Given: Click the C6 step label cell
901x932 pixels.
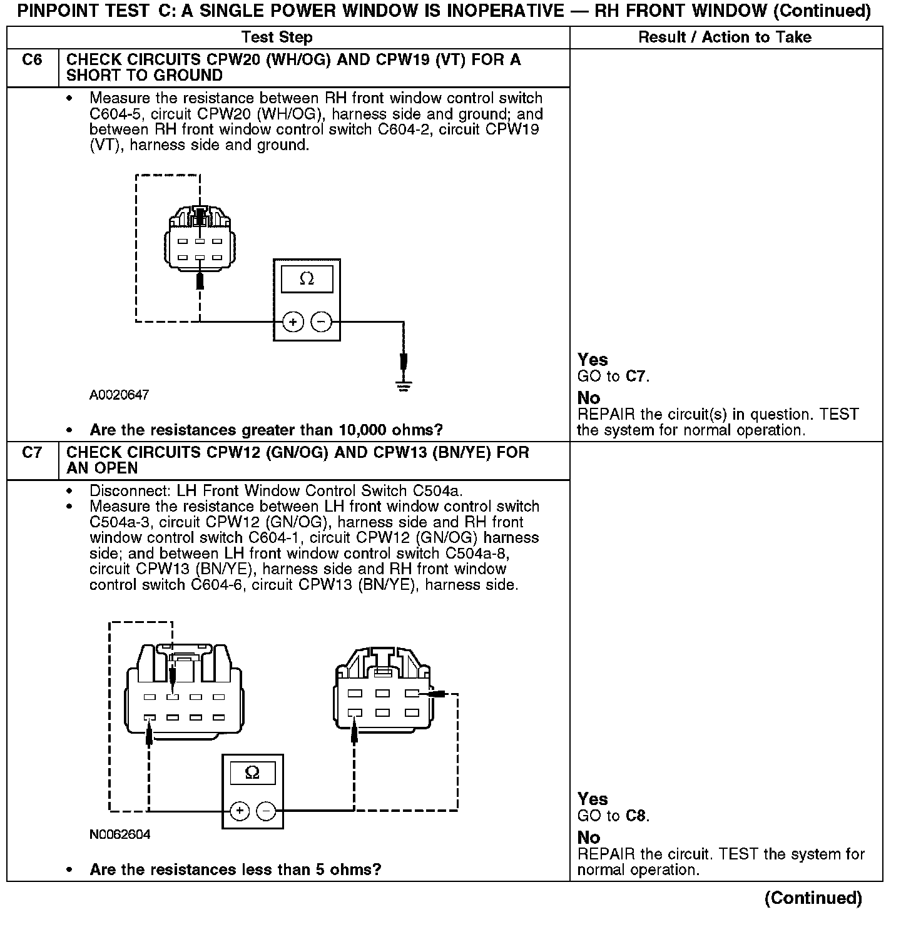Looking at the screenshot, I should (x=32, y=60).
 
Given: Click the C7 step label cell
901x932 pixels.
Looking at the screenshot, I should (x=32, y=452).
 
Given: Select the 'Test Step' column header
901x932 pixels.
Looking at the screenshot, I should (x=277, y=38).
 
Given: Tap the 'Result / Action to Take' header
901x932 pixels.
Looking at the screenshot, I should (x=725, y=38).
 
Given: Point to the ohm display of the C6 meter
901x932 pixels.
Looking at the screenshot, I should (x=307, y=279).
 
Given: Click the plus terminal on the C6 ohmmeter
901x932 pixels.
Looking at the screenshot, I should (x=293, y=322).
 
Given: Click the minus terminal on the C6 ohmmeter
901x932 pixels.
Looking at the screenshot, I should (x=321, y=322).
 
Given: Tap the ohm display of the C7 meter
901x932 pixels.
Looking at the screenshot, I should (x=253, y=773).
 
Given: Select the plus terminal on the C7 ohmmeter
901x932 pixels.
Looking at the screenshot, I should (x=239, y=811).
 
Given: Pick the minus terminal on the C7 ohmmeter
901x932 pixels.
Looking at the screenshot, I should (x=267, y=811).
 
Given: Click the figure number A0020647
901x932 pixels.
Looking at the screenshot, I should (x=119, y=395).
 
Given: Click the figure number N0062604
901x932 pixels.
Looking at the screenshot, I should (x=120, y=835).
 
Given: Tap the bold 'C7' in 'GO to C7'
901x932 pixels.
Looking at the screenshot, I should (x=635, y=377).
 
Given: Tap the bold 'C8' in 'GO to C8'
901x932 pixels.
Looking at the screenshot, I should (x=635, y=816).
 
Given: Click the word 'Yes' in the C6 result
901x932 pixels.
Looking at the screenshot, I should (x=593, y=360).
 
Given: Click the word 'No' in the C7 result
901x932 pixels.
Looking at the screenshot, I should (x=589, y=838).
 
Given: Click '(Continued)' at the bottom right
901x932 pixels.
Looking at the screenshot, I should (x=813, y=898).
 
